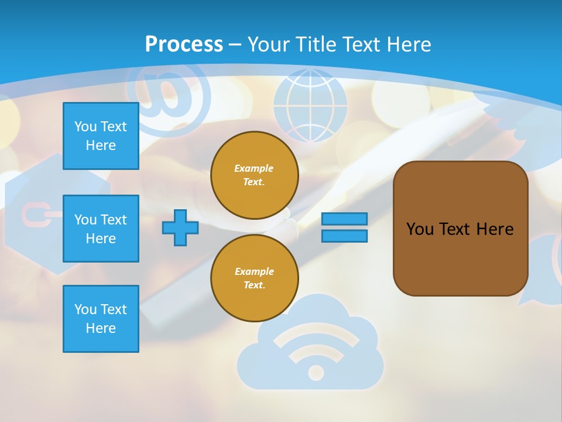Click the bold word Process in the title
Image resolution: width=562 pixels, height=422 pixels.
point(184,45)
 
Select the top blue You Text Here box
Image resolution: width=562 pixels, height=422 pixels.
point(101,136)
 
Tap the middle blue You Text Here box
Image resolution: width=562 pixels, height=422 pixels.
point(101,229)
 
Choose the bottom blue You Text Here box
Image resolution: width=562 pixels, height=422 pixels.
point(101,319)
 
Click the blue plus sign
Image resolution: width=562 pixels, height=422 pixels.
point(180,227)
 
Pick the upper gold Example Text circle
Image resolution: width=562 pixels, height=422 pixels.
point(254,175)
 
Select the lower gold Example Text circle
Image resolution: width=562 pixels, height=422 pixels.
point(254,278)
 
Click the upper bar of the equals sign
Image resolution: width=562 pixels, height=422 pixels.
point(344,219)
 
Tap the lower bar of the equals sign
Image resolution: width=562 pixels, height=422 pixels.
point(344,236)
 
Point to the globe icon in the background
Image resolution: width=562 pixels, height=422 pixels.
point(310,105)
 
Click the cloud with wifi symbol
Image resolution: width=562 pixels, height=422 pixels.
point(310,352)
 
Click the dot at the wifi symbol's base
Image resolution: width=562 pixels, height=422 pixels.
point(316,372)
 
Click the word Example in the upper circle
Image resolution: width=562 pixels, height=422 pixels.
point(253,168)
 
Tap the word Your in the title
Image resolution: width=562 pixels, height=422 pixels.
point(268,45)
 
